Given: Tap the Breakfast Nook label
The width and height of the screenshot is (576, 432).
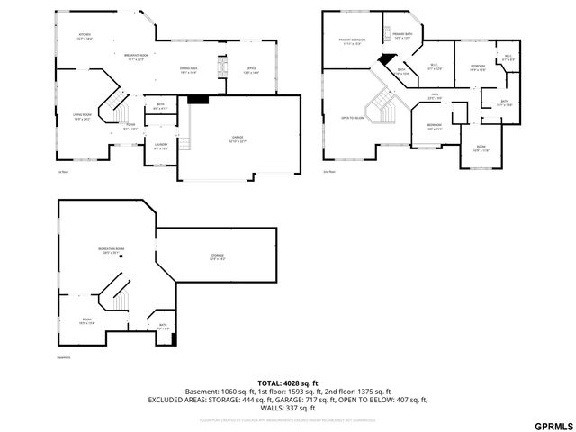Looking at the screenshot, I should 137,57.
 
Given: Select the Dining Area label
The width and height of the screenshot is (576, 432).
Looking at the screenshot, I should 189,71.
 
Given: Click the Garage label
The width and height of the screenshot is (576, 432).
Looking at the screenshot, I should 238,139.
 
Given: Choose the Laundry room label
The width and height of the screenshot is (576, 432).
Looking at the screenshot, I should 161,147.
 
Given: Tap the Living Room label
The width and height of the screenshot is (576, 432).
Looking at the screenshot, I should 83,117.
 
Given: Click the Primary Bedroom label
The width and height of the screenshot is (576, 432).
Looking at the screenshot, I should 352,42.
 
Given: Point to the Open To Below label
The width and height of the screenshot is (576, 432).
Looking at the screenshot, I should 352,117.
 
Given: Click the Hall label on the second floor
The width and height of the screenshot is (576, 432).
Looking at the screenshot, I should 434,95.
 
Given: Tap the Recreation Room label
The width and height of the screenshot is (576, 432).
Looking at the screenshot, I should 112,251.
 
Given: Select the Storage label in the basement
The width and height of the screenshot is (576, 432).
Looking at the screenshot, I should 219,258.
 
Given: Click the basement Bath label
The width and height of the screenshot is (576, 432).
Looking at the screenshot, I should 163,326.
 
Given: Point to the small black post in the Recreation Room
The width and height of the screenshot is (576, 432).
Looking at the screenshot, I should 133,256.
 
